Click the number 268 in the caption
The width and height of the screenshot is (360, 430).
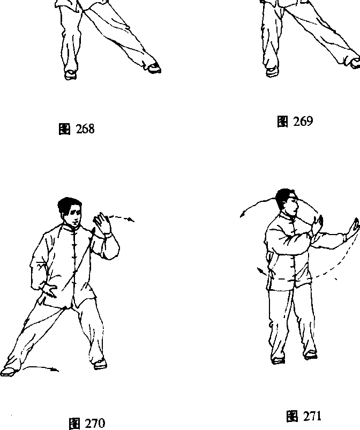coord(85,129)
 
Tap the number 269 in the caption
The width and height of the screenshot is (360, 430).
coord(303,121)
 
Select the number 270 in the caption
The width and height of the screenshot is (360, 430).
coord(95,423)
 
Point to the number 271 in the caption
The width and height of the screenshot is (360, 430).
coord(312,416)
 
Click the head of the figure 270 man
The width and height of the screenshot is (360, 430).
coord(70,212)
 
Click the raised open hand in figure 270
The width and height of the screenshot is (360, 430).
coord(103,223)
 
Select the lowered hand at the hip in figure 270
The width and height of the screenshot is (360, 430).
coord(49,290)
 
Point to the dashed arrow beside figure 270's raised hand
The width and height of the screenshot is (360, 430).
coord(120,218)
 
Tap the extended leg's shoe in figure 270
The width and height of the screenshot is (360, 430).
coord(8,371)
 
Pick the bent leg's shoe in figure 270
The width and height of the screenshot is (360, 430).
coord(100,364)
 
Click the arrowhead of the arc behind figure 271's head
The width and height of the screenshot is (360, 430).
coord(242,215)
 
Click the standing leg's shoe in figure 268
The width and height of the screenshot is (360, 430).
coord(70,74)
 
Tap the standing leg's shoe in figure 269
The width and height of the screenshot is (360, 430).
coord(272,72)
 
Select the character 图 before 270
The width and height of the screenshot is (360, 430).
coord(74,424)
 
